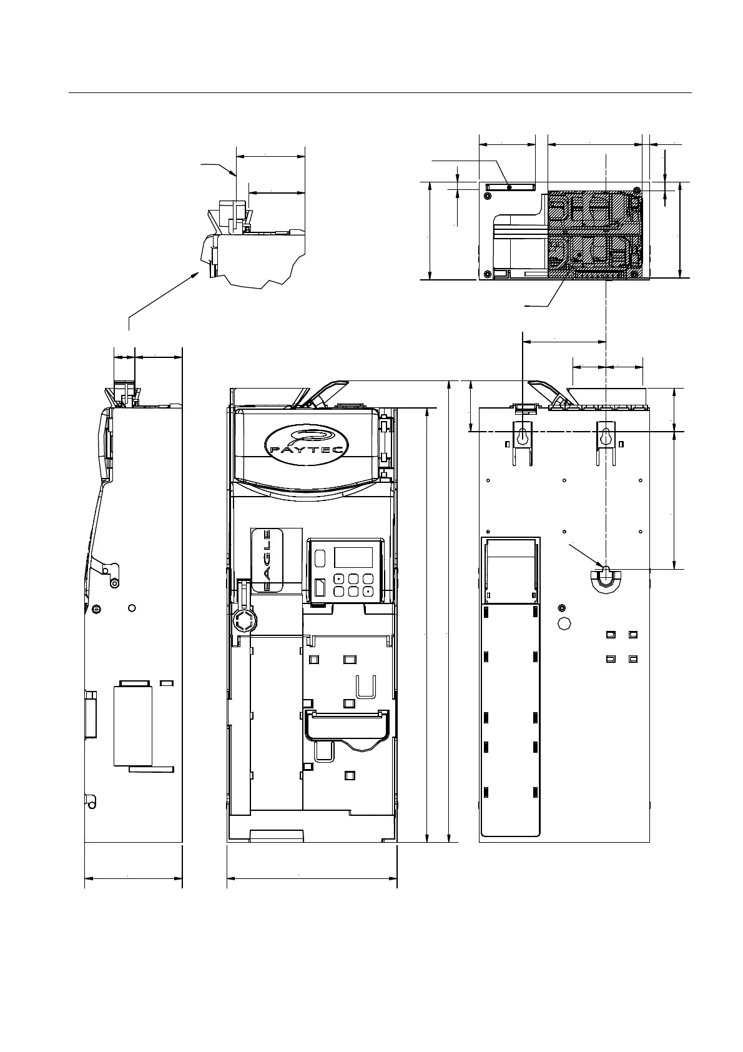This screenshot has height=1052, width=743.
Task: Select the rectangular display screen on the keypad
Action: coord(353,557)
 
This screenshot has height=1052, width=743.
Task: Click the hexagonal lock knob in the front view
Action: coord(242,622)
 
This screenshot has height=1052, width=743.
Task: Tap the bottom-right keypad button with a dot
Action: coord(368,590)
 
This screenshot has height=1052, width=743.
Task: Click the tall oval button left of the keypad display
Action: coord(320,557)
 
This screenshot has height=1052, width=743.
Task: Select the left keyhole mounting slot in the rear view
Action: coord(523,437)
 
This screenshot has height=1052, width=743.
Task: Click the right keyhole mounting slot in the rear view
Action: coord(605,437)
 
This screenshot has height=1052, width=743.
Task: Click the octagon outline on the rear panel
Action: coord(565,623)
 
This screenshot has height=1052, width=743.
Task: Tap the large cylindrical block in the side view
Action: coord(133,725)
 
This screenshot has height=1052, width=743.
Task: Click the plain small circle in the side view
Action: coord(131,608)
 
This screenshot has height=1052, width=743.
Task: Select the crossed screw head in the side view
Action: coord(96,608)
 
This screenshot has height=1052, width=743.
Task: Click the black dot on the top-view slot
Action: coord(509,187)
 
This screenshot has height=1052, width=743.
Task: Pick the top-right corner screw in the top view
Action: coord(636,190)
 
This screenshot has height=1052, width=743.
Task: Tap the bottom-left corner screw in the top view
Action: coord(488,273)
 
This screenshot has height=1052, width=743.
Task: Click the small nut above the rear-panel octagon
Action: coord(562,607)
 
